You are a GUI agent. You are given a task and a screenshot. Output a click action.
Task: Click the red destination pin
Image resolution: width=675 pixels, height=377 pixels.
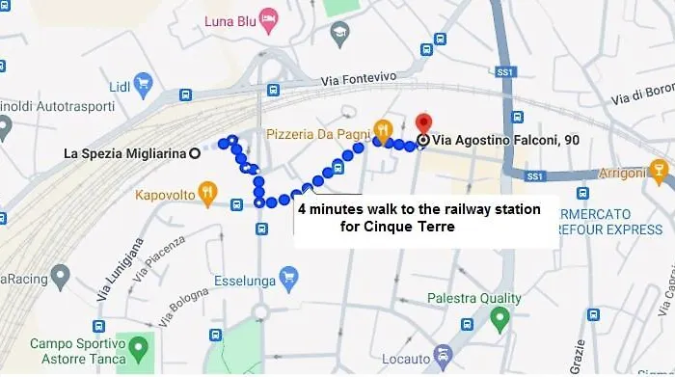click(422, 125)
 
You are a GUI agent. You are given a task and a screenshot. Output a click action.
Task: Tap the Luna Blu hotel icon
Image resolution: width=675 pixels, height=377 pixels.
click(269, 19)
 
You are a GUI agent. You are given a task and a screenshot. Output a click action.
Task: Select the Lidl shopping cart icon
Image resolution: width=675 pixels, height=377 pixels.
click(143, 82)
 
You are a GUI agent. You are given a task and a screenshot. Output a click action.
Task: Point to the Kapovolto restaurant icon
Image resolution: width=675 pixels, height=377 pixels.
click(206, 196)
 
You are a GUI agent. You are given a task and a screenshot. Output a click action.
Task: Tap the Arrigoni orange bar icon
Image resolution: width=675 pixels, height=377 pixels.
click(660, 173)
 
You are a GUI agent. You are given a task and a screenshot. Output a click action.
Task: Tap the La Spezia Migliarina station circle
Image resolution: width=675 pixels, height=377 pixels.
click(195, 152)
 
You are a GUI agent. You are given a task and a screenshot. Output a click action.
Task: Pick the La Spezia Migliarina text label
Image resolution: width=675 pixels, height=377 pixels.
click(124, 152)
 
